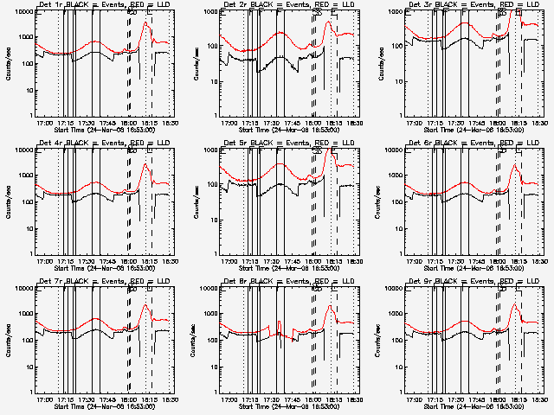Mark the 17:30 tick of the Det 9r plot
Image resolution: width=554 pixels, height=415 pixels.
point(458,400)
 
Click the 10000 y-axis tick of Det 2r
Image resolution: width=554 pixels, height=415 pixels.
point(209,12)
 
